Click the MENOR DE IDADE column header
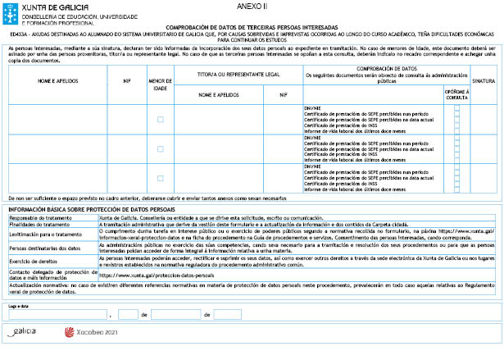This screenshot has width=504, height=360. click(x=160, y=83)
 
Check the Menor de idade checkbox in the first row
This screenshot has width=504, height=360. click(x=160, y=120)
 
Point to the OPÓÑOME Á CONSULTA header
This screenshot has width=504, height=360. click(x=456, y=95)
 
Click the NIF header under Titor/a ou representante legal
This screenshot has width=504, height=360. click(x=282, y=96)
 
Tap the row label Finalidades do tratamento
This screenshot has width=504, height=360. click(x=39, y=224)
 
